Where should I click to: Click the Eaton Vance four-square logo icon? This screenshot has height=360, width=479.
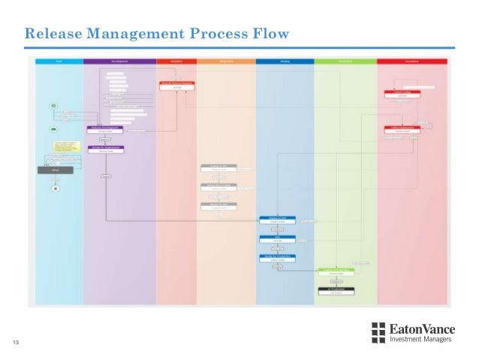click(x=378, y=333)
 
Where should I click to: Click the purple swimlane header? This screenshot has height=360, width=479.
click(x=119, y=60)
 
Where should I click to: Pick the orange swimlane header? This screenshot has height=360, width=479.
click(x=226, y=60)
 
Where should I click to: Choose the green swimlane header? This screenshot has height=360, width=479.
click(x=345, y=60)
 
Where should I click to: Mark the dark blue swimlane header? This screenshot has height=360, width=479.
click(x=285, y=60)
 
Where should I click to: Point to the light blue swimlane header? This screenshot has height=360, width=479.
click(x=58, y=60)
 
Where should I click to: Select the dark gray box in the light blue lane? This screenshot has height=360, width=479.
click(x=55, y=171)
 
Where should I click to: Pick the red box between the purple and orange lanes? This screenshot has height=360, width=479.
click(x=177, y=86)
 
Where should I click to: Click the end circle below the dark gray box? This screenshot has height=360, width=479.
click(x=55, y=189)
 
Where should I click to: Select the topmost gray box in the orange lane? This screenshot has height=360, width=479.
click(x=218, y=168)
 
